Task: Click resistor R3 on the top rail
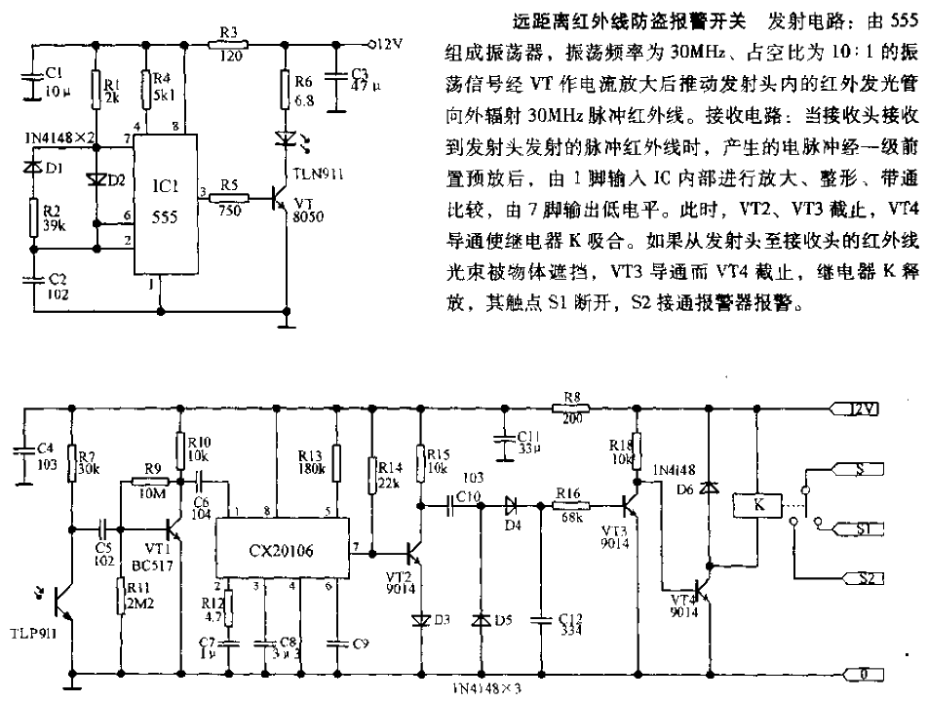230,43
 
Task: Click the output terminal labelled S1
855,527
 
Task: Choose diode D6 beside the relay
709,483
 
